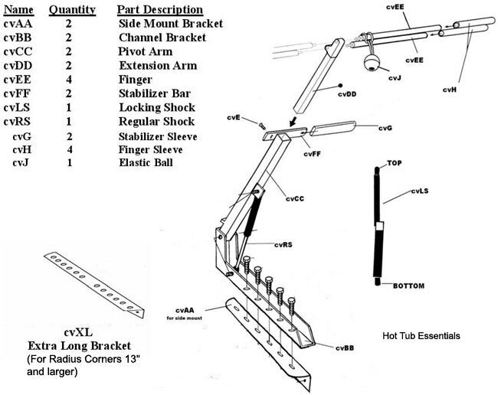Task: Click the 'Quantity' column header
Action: point(72,10)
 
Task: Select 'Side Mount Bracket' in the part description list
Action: point(170,24)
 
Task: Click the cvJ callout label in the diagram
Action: point(394,77)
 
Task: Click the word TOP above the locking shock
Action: point(394,164)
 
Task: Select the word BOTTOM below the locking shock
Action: point(409,286)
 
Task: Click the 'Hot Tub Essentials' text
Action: point(421,336)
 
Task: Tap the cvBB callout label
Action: point(346,348)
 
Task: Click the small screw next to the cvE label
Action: point(261,123)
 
